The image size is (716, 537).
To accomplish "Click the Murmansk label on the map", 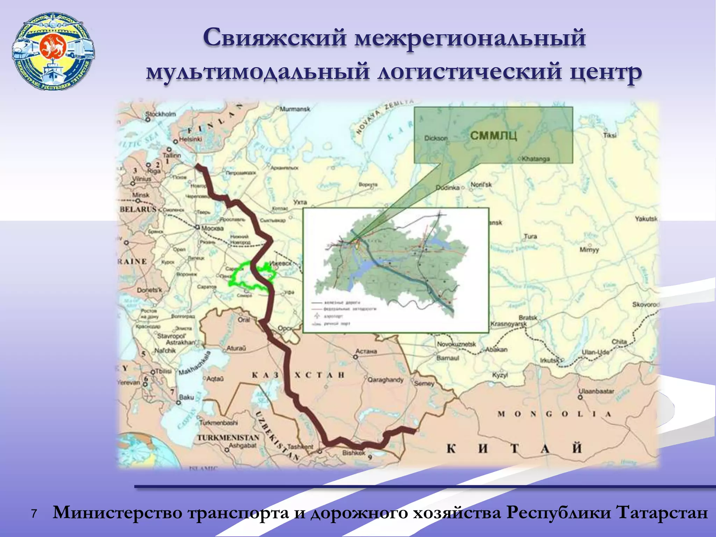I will coord(295,109).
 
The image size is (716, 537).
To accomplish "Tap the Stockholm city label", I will coord(160,114).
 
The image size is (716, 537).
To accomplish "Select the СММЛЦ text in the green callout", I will coord(493,135).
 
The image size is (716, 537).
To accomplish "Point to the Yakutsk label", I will coord(646,219).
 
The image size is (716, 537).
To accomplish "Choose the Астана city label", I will coord(366,351).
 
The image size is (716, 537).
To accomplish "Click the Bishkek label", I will coord(353,453).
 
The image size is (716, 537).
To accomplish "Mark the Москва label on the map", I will coord(212,228).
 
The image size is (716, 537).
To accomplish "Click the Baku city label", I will coord(186,397).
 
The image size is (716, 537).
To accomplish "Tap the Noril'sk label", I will coord(481,185).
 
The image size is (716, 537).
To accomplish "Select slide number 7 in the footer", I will coord(34,514).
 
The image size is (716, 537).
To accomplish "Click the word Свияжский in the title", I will coord(275,38).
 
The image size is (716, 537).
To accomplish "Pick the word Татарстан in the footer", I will coord(661,513).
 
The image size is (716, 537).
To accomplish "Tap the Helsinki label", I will coord(191,139).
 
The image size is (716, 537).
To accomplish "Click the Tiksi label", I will coord(610,135).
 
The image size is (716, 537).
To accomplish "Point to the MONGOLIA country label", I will coord(554,414).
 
